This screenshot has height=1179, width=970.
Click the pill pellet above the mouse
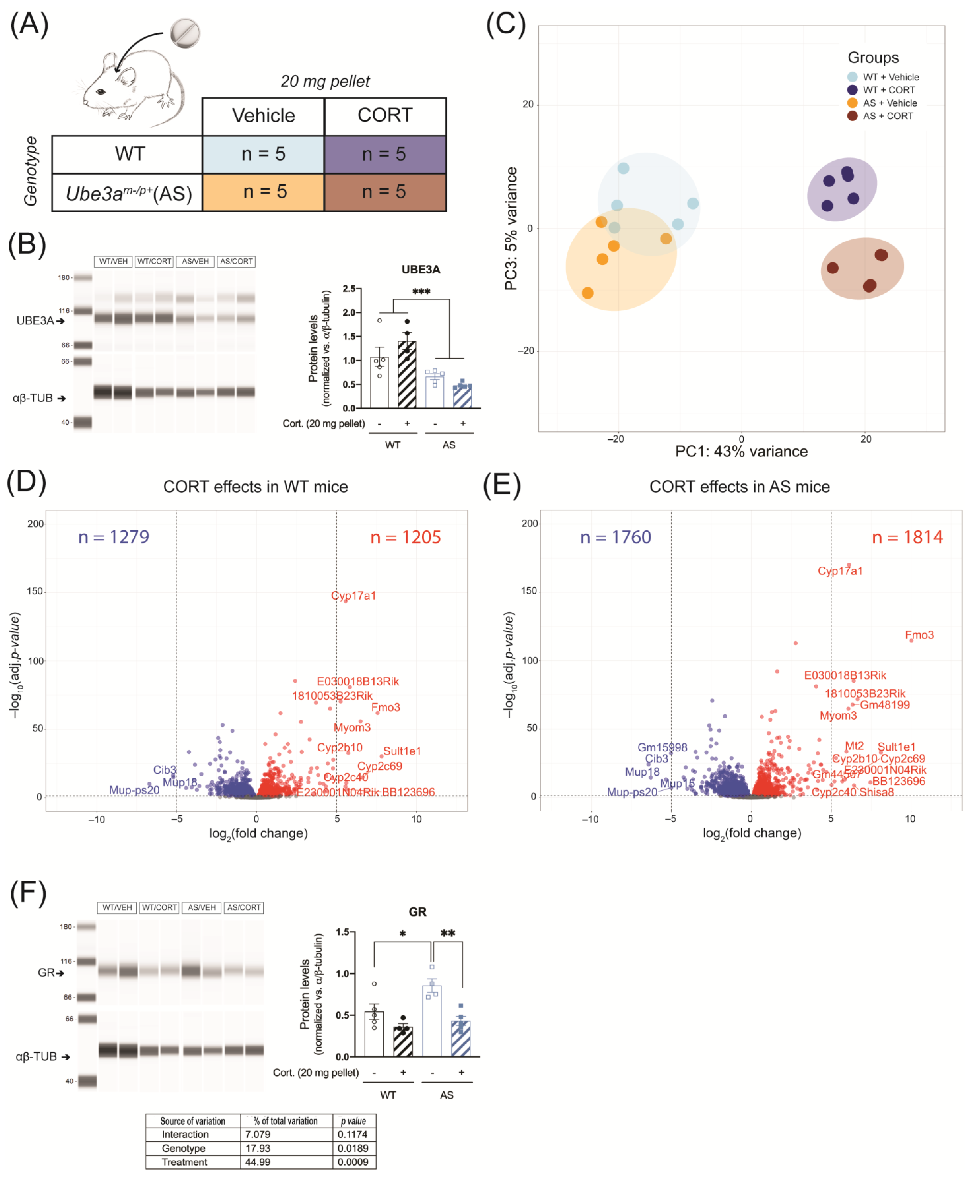click(185, 33)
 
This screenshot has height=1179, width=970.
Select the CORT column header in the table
click(385, 116)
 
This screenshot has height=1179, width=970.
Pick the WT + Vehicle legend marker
click(852, 77)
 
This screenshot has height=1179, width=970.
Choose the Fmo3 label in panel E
click(919, 635)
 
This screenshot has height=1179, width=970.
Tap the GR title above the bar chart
click(417, 911)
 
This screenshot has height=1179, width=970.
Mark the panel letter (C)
click(506, 25)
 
